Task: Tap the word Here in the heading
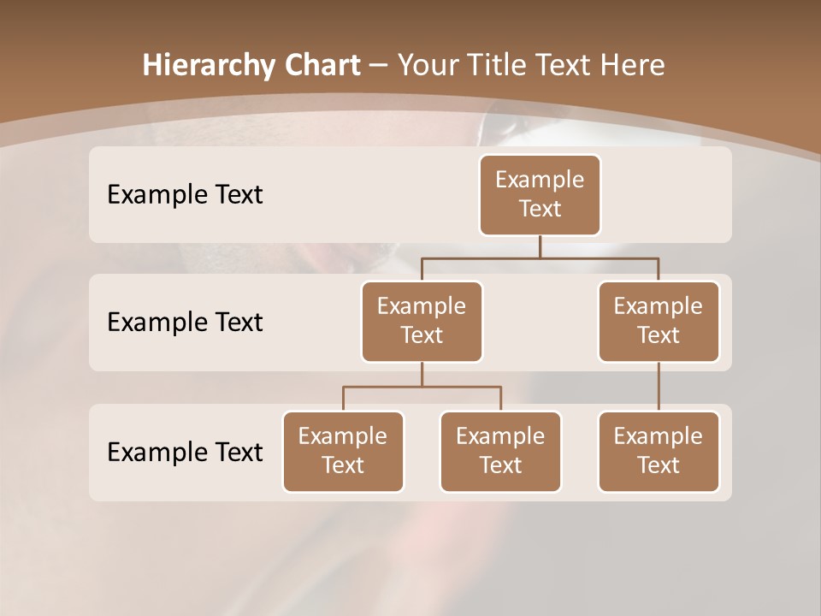pos(632,65)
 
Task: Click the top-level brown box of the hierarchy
pos(540,195)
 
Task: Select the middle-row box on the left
pos(422,322)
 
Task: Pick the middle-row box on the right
pos(659,322)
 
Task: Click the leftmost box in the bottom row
pos(343,452)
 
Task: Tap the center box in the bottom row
pos(500,452)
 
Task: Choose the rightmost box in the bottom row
pos(659,452)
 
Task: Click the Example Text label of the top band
pos(185,195)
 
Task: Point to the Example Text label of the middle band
pos(185,323)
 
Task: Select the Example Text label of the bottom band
pos(185,452)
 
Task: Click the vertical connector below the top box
pos(540,246)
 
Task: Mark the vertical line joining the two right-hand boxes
pos(659,387)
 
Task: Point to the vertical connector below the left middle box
pos(422,375)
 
